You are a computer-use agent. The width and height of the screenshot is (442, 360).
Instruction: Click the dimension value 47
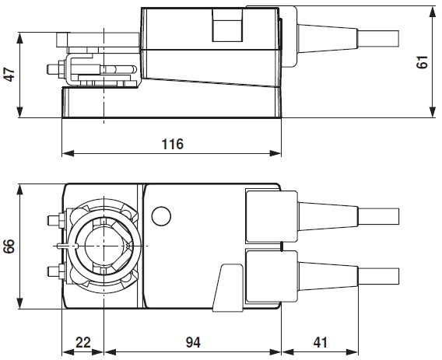pos(9,75)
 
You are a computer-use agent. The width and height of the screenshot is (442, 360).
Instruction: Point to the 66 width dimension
pos(9,246)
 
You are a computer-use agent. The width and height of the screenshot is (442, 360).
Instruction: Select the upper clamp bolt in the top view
pos(54,220)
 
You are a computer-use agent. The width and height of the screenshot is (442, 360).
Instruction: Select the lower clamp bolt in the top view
pos(54,271)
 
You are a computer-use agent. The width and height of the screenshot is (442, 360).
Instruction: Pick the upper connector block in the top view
pos(269,214)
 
